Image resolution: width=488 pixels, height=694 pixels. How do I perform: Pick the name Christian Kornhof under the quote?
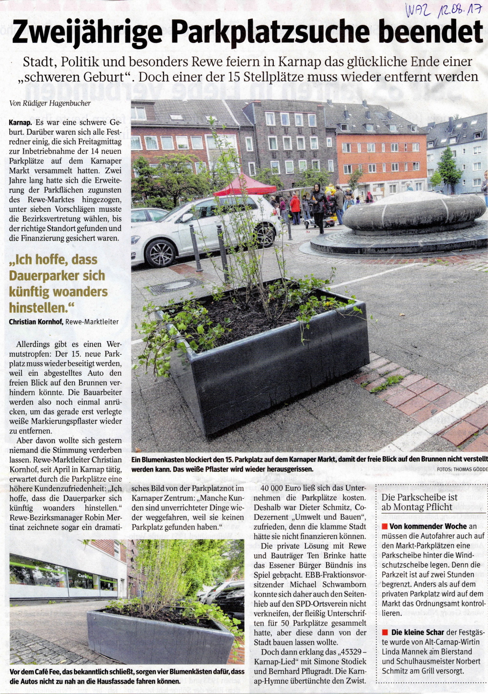(x=36, y=322)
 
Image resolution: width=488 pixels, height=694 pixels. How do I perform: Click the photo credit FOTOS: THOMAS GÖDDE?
(x=462, y=469)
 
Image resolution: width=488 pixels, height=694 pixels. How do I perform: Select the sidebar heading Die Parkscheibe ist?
(x=420, y=497)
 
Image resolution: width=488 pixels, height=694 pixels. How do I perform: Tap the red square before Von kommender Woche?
(x=385, y=527)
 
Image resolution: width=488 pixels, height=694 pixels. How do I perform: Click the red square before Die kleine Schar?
(x=385, y=633)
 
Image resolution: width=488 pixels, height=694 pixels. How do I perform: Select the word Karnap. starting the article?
(x=20, y=122)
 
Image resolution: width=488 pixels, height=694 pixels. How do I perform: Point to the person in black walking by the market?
(x=319, y=205)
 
